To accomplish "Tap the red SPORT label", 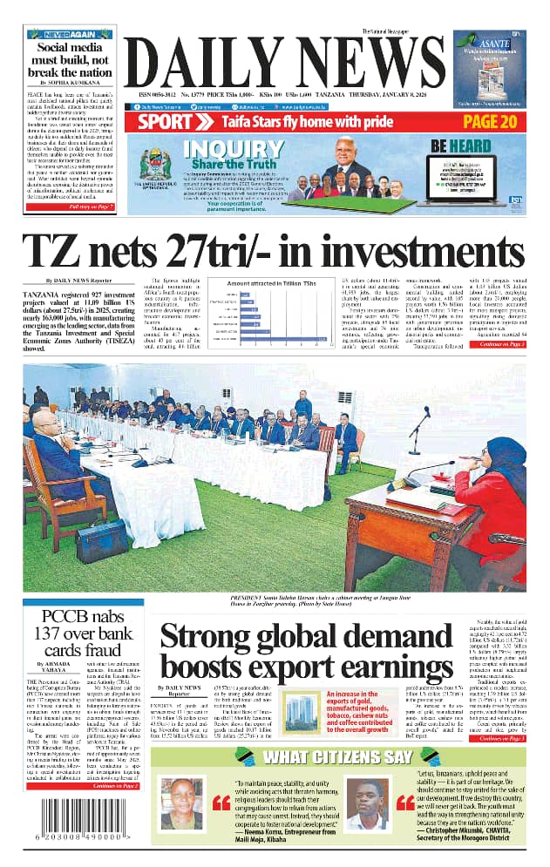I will tap(165, 122).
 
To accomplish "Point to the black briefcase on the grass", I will tap(101, 540).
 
